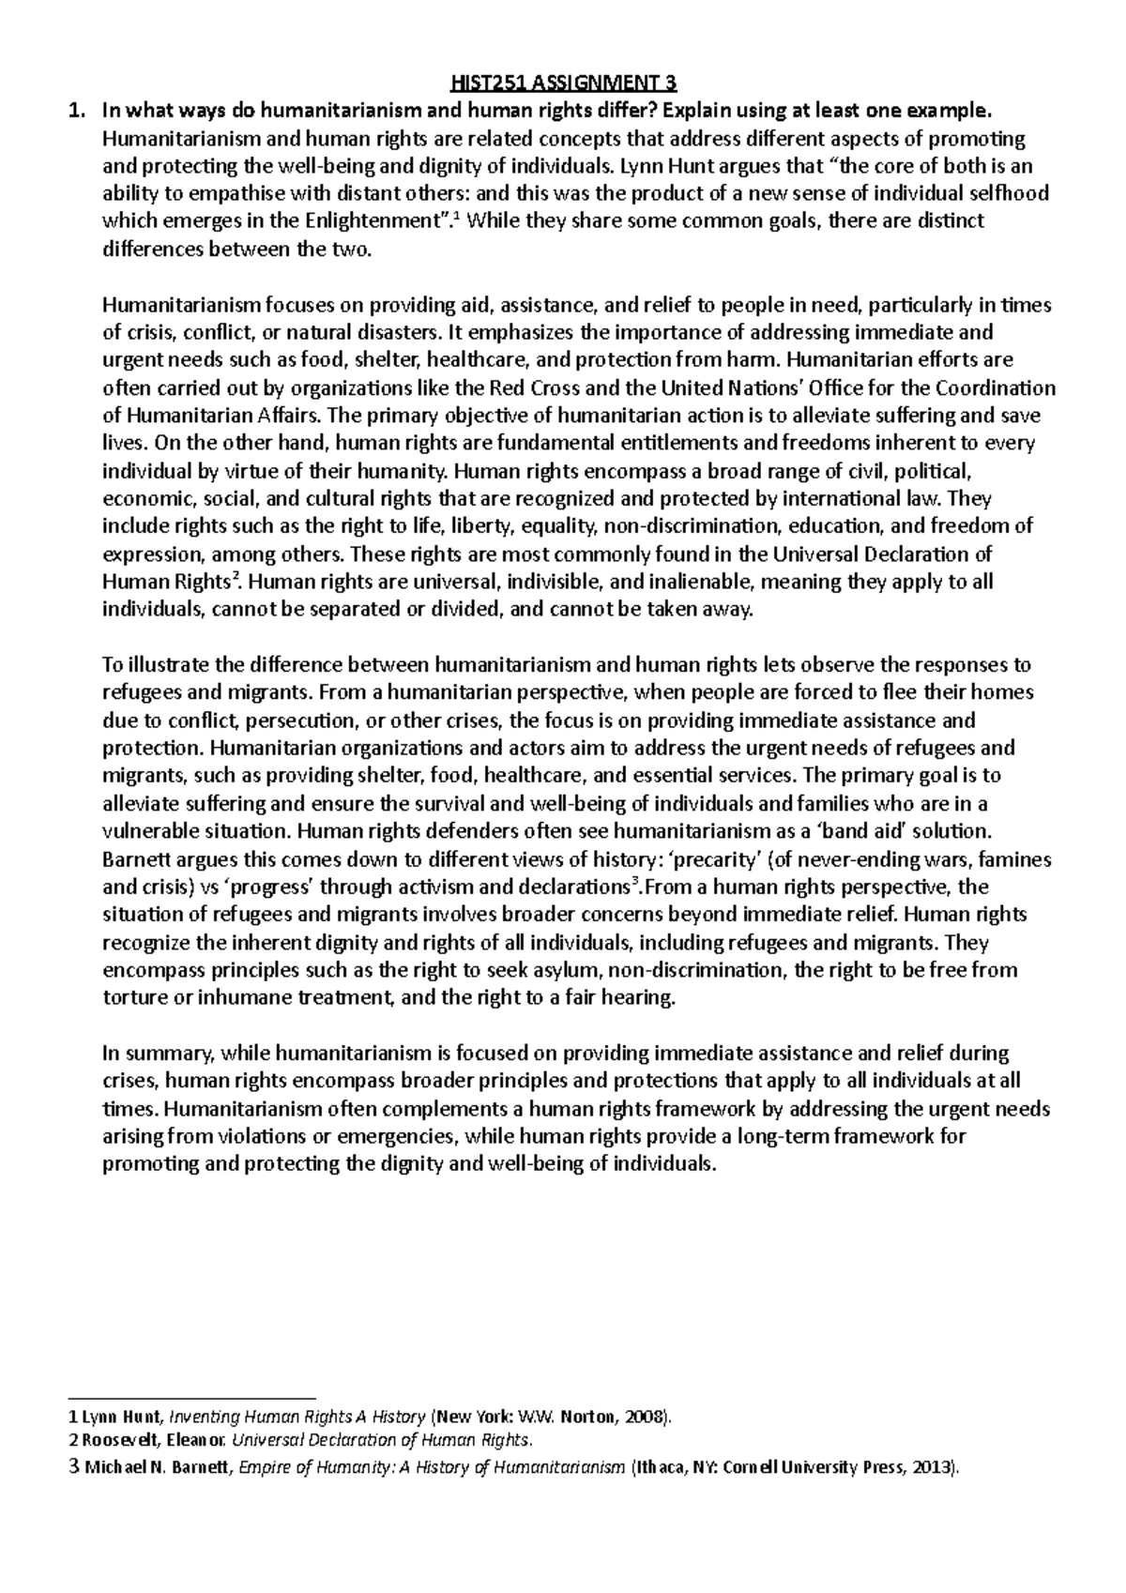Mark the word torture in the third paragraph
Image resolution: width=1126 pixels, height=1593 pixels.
point(130,998)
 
